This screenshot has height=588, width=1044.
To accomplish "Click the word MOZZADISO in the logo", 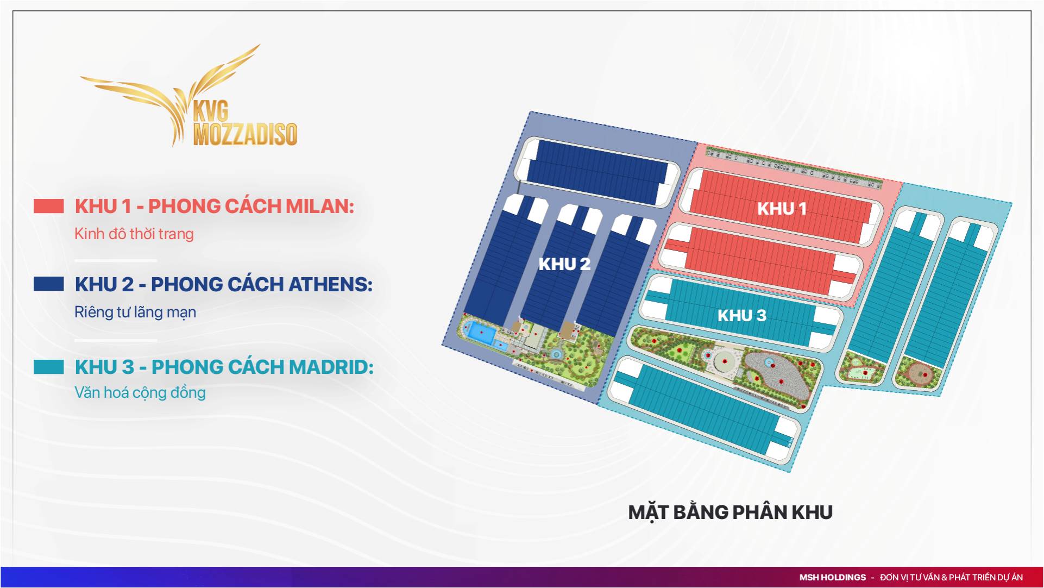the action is [246, 134].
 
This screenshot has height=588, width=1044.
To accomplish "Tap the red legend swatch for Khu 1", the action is [49, 206].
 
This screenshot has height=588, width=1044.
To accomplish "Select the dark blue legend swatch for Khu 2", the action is [49, 284].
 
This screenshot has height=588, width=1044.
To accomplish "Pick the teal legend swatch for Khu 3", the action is [49, 367].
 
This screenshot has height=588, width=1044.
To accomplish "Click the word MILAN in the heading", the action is [320, 207].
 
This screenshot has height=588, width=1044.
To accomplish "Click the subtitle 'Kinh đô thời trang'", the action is [134, 234].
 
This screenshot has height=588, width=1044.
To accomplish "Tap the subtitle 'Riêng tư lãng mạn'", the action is [135, 312].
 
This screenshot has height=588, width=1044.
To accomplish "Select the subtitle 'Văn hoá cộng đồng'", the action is [140, 392].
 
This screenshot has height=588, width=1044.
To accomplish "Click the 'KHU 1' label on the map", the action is [782, 209].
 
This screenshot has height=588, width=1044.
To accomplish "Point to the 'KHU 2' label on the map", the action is [564, 264].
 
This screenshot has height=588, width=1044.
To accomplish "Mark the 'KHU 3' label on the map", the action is [741, 315].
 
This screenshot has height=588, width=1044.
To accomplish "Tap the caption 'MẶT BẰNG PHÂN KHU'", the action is [730, 512].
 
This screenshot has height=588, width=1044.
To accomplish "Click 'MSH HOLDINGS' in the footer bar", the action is [832, 577].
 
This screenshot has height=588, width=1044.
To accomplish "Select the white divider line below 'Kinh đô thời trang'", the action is [116, 261].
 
